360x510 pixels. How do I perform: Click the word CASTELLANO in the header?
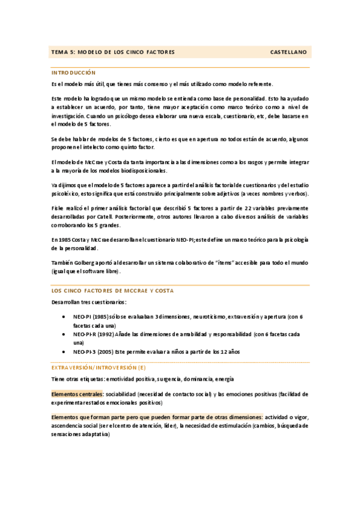point(288,52)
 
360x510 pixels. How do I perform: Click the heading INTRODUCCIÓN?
point(74,72)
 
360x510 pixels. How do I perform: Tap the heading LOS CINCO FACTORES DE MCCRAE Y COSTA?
point(112,290)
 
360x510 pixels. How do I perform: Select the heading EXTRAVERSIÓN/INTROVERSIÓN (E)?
point(98,367)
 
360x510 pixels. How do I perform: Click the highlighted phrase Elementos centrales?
point(78,394)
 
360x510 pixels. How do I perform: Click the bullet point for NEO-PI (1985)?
point(64,316)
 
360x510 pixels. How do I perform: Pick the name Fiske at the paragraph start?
point(58,207)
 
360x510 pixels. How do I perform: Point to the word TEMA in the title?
point(59,52)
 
